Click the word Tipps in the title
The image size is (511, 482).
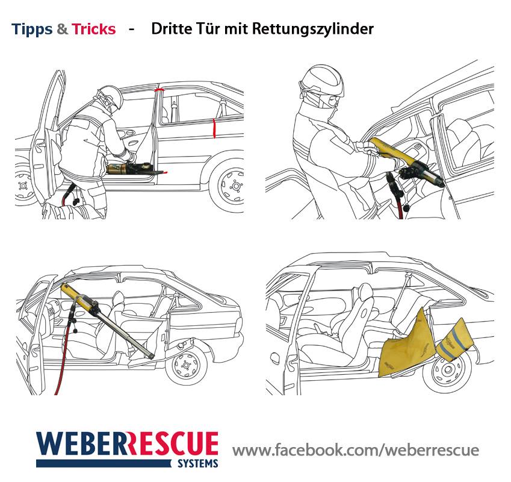pyautogui.click(x=32, y=29)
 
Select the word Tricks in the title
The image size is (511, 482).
pyautogui.click(x=94, y=29)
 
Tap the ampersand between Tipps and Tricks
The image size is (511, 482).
pyautogui.click(x=63, y=29)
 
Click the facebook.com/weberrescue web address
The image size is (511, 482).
pyautogui.click(x=356, y=451)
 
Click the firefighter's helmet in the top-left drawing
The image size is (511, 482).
pyautogui.click(x=108, y=97)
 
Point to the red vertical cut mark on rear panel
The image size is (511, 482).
pyautogui.click(x=214, y=128)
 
